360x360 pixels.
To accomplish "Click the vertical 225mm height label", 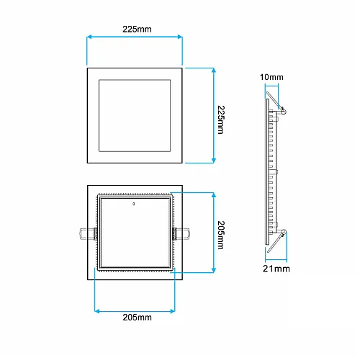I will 222,115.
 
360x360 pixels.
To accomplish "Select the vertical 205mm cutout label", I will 222,233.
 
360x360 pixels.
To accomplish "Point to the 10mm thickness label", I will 271,76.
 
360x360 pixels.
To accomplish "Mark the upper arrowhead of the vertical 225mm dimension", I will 214,70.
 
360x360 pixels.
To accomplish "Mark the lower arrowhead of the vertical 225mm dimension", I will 214,161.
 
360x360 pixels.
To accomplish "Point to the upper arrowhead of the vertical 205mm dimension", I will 214,195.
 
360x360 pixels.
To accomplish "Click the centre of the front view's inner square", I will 135,115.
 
